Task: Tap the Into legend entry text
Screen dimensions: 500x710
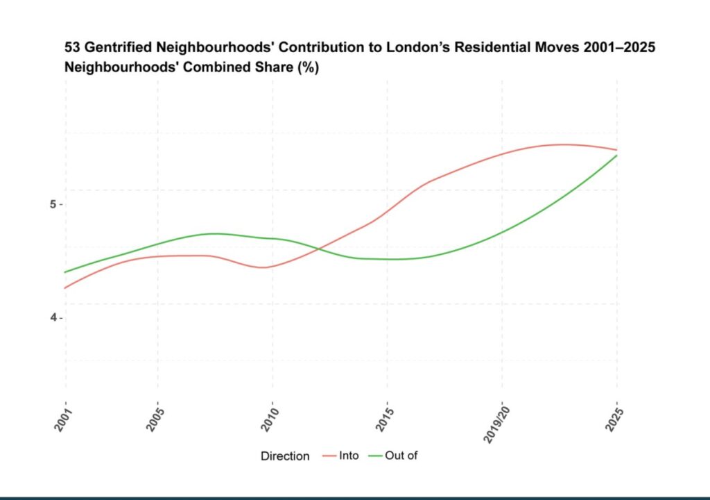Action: pos(349,456)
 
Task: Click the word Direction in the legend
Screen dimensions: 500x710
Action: pos(285,456)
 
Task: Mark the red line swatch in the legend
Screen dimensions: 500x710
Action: pos(329,456)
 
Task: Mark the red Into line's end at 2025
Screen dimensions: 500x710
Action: pos(616,150)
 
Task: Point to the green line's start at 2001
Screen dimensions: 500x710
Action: pos(66,272)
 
